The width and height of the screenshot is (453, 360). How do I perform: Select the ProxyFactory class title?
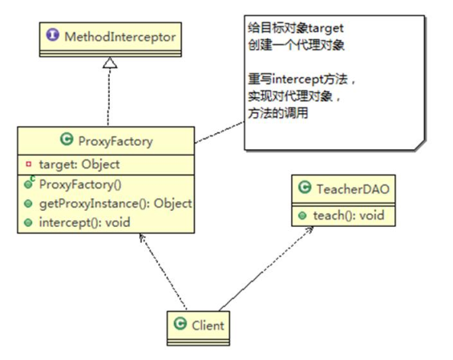tap(117, 143)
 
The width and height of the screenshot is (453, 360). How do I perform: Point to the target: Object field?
tap(79, 164)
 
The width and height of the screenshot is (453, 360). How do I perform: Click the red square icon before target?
tap(27, 164)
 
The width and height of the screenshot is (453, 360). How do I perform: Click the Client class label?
tap(208, 326)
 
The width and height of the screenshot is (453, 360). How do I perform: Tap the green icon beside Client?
tap(181, 326)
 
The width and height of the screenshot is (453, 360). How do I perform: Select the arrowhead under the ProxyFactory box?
tap(140, 238)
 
